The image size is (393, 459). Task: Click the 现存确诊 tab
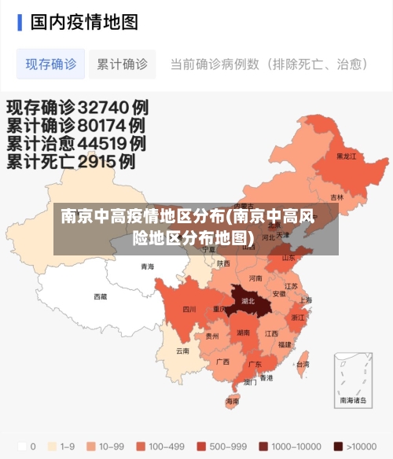pyautogui.click(x=51, y=64)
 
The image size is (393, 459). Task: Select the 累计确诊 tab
pyautogui.click(x=122, y=64)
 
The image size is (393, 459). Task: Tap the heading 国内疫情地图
pyautogui.click(x=84, y=22)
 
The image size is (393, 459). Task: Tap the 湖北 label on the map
pyautogui.click(x=248, y=301)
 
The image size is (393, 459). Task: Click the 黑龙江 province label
pyautogui.click(x=346, y=156)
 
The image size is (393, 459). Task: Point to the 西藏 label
pyautogui.click(x=101, y=297)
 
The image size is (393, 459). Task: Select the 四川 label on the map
pyautogui.click(x=189, y=309)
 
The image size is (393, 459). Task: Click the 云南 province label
pyautogui.click(x=182, y=351)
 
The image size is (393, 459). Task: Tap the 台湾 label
pyautogui.click(x=302, y=365)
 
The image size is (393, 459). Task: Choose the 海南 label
pyautogui.click(x=233, y=401)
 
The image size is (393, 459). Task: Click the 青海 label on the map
pyautogui.click(x=147, y=266)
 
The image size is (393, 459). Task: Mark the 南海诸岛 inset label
pyautogui.click(x=353, y=400)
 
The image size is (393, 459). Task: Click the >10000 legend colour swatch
pyautogui.click(x=338, y=446)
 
